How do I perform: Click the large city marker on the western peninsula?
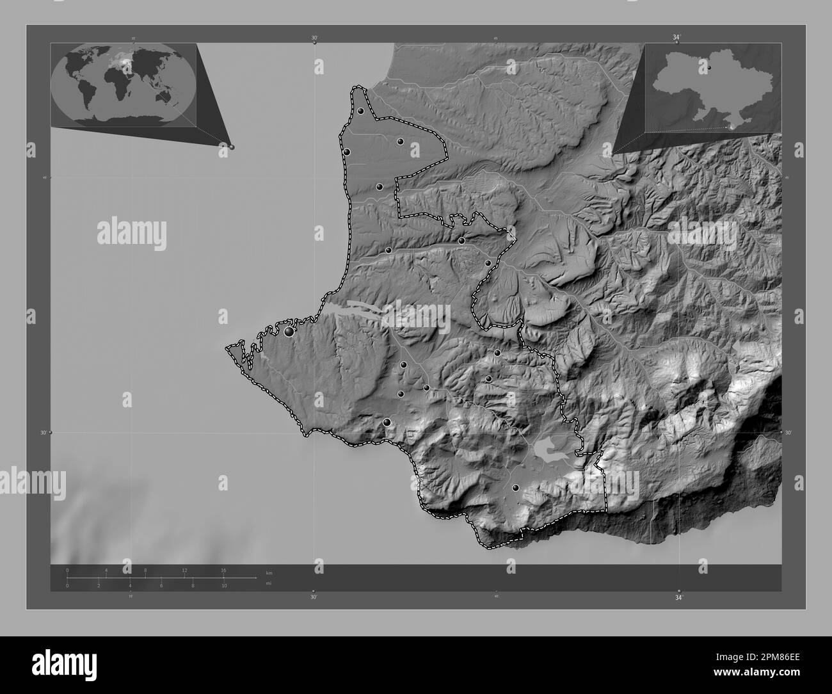pyautogui.click(x=289, y=332)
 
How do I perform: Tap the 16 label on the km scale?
pyautogui.click(x=223, y=570)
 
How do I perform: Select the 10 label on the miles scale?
pyautogui.click(x=224, y=586)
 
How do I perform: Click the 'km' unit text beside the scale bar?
pyautogui.click(x=269, y=572)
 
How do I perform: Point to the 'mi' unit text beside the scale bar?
pyautogui.click(x=269, y=583)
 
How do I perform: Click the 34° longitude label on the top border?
pyautogui.click(x=676, y=37)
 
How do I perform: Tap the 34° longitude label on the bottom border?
pyautogui.click(x=678, y=597)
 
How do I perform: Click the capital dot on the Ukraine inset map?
pyautogui.click(x=709, y=67)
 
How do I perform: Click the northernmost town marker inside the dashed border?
pyautogui.click(x=361, y=111)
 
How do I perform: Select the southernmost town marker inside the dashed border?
pyautogui.click(x=516, y=488)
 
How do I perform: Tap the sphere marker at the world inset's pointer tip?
pyautogui.click(x=231, y=147)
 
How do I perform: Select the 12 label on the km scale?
pyautogui.click(x=184, y=570)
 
